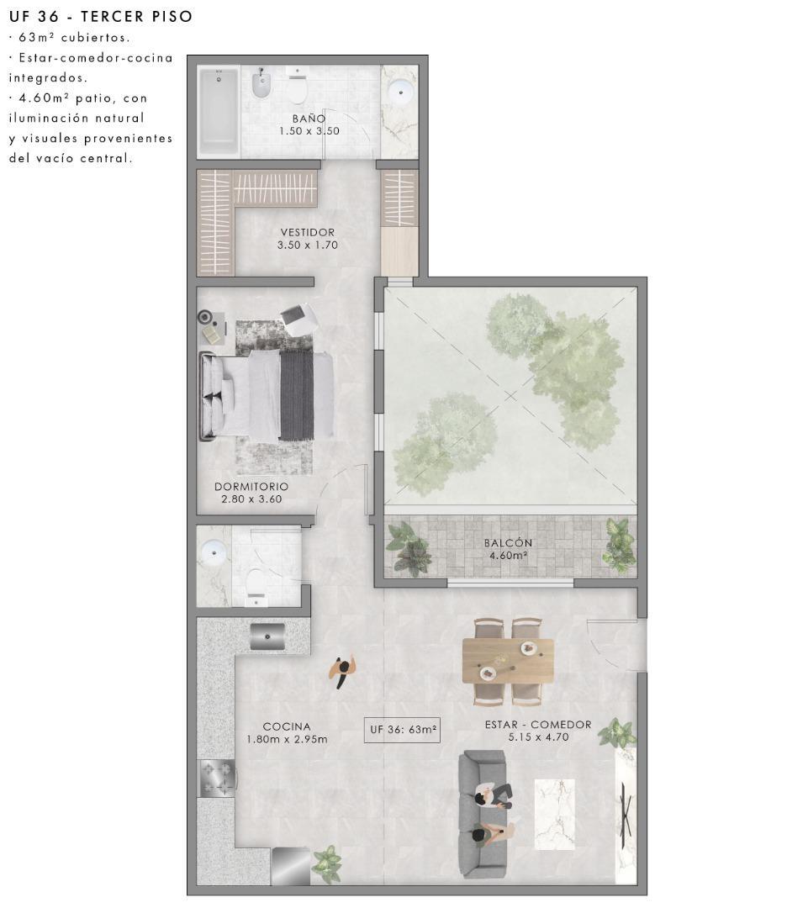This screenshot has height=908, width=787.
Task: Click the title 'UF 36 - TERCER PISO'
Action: pos(100,16)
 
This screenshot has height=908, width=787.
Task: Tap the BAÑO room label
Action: pos(309,119)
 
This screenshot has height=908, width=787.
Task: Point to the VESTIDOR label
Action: pos(308,232)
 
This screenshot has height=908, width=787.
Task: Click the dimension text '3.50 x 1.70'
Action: pos(308,245)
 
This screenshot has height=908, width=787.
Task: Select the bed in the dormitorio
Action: pos(267,395)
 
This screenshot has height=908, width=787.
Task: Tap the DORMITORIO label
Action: pos(251,487)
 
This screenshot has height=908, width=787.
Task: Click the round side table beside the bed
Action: pos(206,317)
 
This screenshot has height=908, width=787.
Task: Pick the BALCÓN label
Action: pos(508,543)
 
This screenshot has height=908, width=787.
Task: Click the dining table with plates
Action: pos(508,661)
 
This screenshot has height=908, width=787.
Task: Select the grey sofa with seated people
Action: pos(483,814)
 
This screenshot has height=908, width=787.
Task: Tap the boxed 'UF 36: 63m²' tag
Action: pos(404,730)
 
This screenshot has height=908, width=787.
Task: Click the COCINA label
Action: pos(287,726)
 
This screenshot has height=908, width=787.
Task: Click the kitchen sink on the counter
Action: pos(267,636)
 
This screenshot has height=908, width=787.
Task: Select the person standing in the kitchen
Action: pos(342,670)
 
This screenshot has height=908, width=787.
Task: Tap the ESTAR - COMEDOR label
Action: pos(538,725)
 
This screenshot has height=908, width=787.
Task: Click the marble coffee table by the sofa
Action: pos(555,813)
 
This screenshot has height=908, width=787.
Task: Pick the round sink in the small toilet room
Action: pos(214,552)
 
